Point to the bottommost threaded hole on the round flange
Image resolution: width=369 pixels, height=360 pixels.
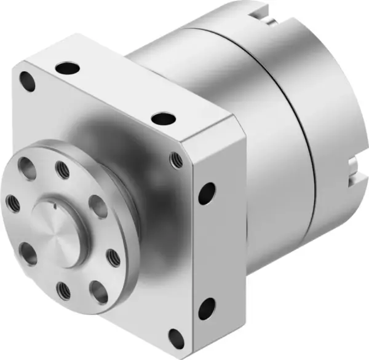tap(63, 288)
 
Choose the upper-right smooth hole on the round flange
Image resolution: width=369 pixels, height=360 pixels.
tap(97, 206)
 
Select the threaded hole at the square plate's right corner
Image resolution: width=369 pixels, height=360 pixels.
tap(177, 160)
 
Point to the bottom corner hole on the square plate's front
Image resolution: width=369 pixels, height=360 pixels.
tap(176, 337)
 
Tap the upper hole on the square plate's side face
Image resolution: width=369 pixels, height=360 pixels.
tap(207, 192)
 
